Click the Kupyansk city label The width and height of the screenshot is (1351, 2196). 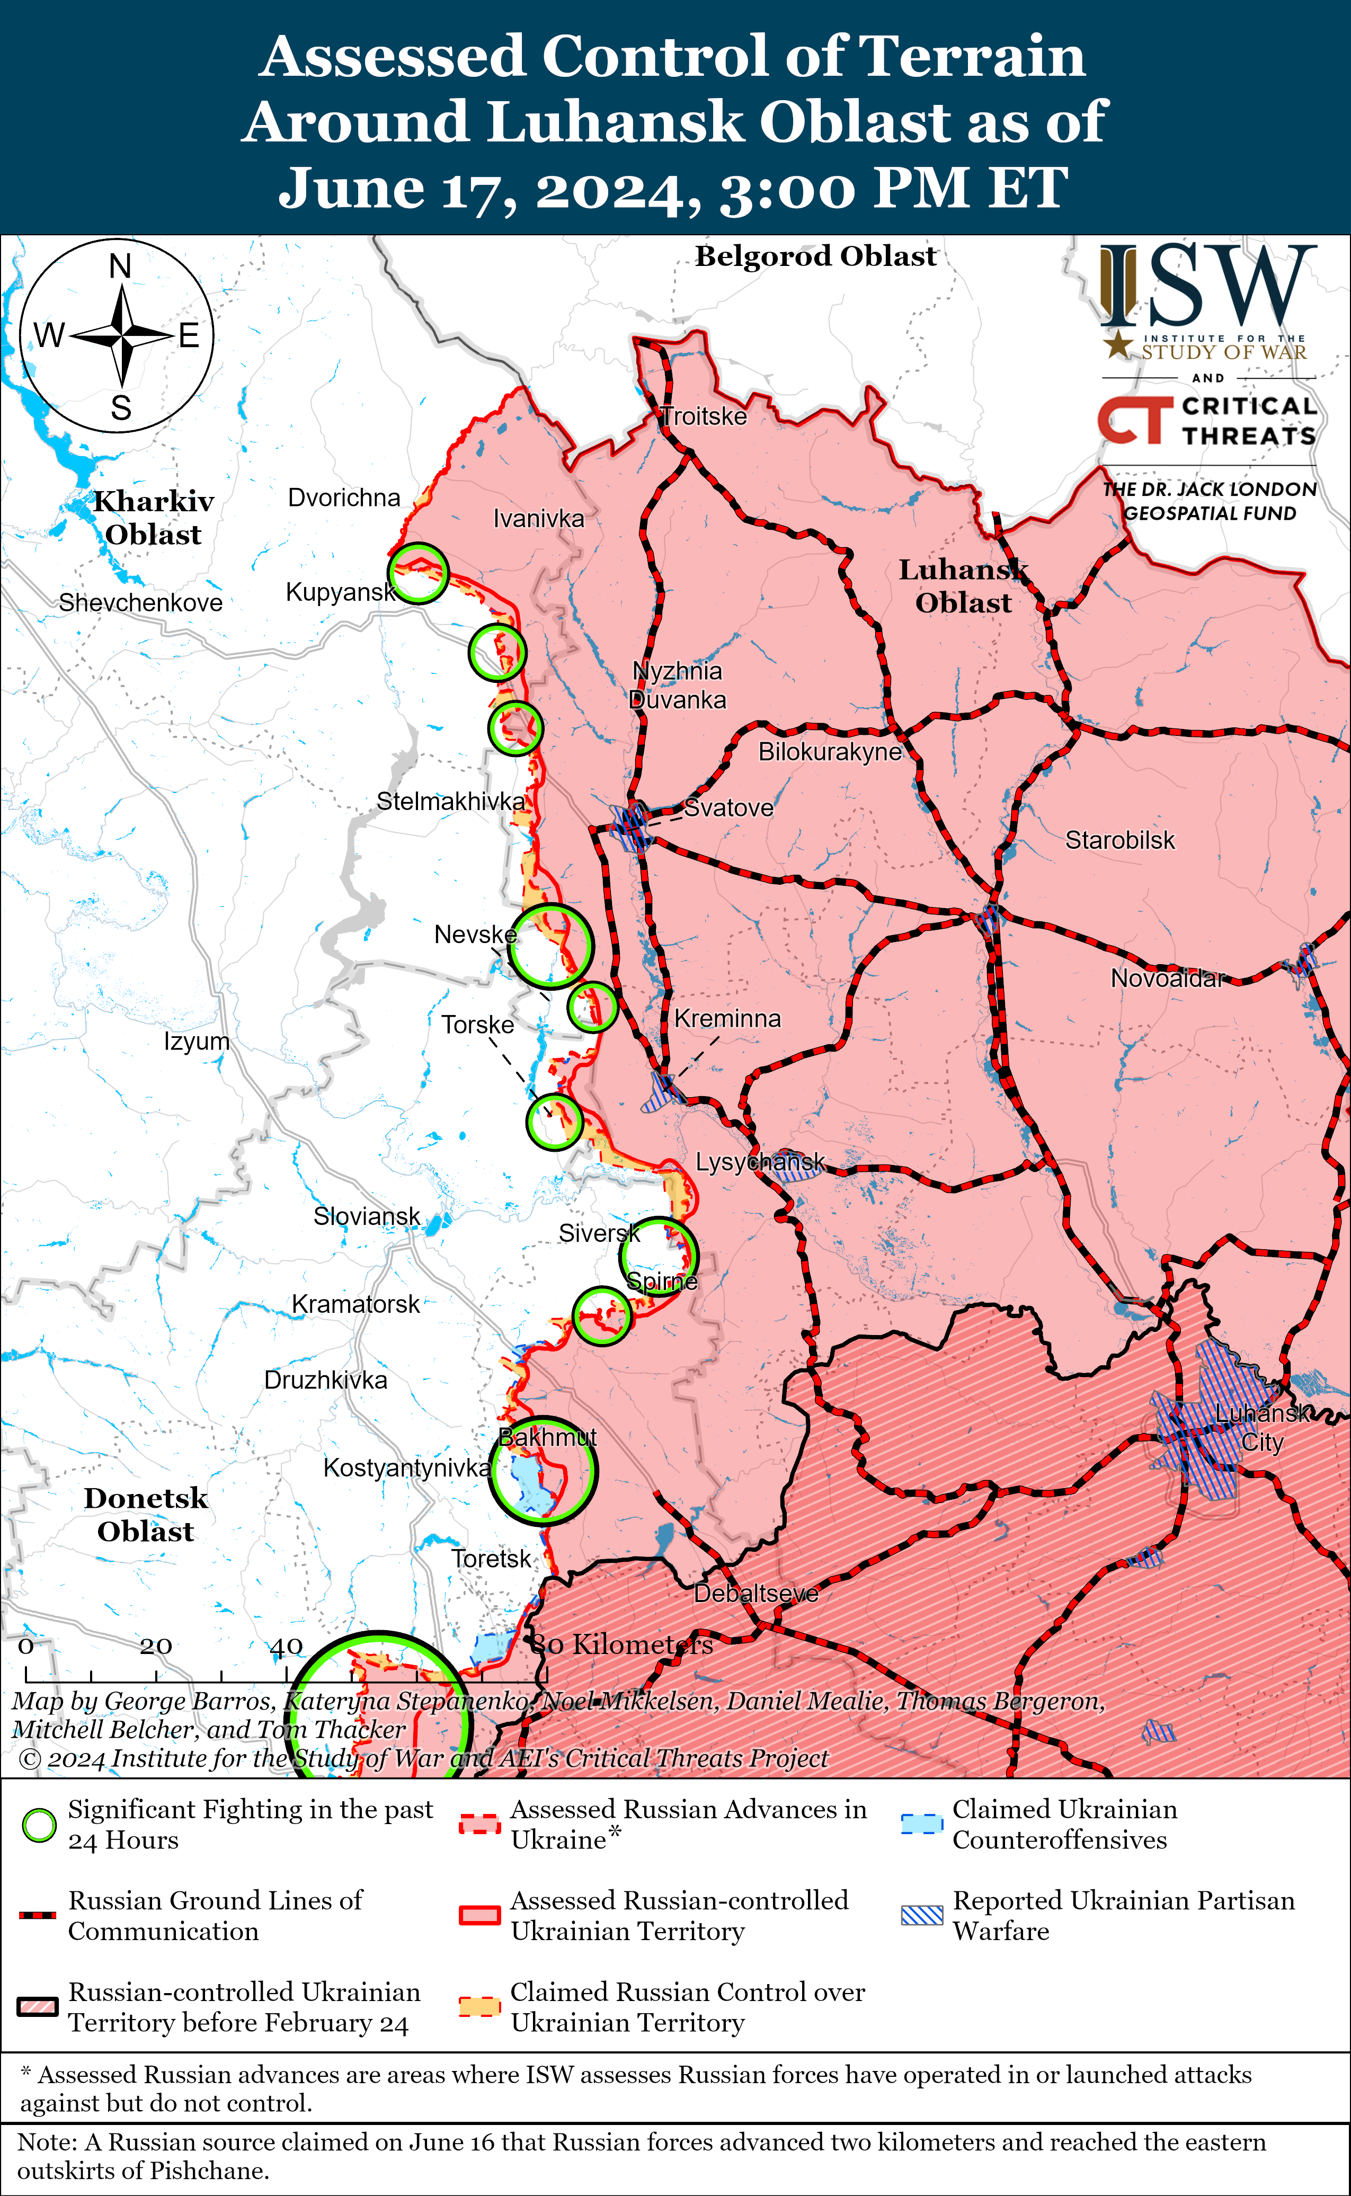tap(341, 592)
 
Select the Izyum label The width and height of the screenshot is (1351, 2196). tap(197, 1042)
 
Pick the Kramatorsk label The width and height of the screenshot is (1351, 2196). tap(355, 1304)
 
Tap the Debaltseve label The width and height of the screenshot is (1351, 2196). tap(756, 1593)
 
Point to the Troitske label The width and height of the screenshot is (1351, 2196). tap(704, 416)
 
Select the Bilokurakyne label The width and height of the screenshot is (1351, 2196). tap(830, 752)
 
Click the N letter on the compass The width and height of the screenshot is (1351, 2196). tap(120, 266)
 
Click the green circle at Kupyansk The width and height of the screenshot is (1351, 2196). tap(418, 573)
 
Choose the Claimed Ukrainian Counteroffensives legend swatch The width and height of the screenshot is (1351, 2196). tap(921, 1824)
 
